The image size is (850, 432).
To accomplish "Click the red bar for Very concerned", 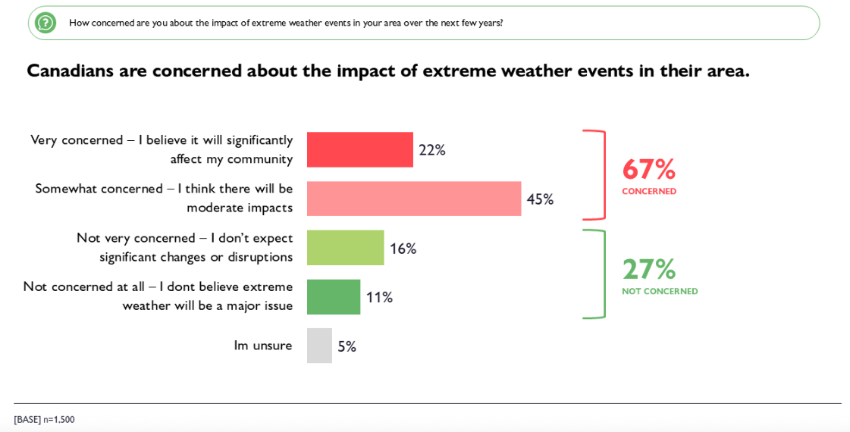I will point(359,149).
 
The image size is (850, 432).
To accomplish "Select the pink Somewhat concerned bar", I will point(413,199).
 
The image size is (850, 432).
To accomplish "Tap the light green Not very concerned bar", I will point(345,248).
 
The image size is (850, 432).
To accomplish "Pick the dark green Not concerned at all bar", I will point(333,297).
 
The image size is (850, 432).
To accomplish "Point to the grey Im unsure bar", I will point(319,346).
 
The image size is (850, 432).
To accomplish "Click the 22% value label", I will point(431,150).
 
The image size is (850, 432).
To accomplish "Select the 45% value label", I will point(540,199).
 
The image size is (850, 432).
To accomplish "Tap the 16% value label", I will point(403,249).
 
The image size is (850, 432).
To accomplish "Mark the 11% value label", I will point(379,297).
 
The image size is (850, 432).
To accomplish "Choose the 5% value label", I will point(347,346).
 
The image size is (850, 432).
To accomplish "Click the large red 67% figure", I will point(648,168).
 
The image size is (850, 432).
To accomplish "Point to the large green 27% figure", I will point(648,268).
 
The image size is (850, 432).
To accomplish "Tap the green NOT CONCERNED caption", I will point(660,291).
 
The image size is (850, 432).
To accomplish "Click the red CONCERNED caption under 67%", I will point(649,191).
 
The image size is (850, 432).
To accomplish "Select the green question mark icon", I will point(45,23).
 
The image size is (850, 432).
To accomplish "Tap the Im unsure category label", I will point(262,346).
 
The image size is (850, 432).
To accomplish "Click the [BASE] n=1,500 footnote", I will point(44,419).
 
